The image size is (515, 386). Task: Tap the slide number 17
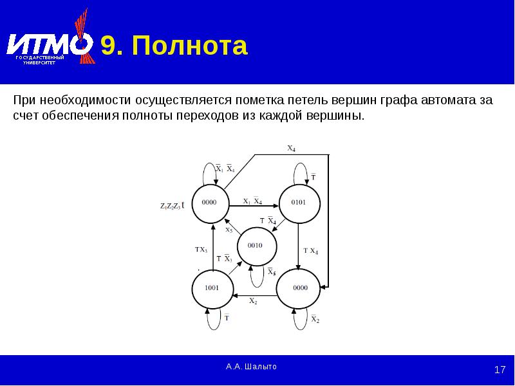[500, 370]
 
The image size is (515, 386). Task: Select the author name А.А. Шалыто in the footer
[251, 366]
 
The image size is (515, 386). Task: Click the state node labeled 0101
[299, 202]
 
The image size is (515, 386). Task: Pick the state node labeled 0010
[255, 245]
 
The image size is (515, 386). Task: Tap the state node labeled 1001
[211, 288]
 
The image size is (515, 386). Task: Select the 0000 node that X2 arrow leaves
[300, 288]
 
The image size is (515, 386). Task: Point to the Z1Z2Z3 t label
[172, 205]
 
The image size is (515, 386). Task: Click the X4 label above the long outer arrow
[291, 149]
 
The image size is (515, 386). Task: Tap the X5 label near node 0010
[229, 229]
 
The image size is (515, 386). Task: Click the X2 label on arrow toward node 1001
[253, 302]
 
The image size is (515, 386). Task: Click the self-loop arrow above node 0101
[301, 172]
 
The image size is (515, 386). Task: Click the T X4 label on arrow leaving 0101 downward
[311, 251]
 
